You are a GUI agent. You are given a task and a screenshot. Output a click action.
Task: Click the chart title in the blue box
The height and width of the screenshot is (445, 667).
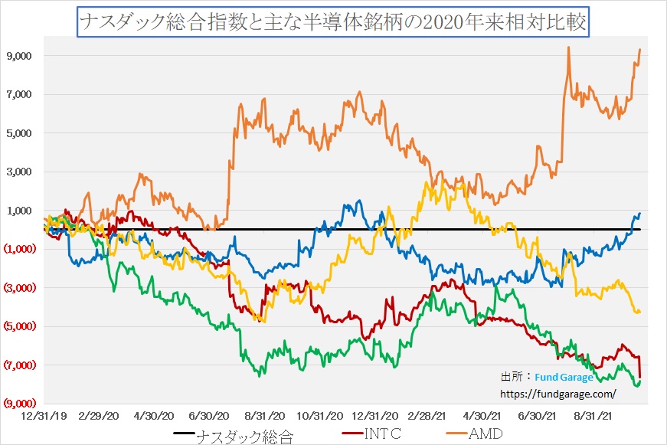coord(334,21)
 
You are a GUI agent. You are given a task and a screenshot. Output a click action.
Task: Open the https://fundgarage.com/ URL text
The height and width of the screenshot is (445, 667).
coord(557,394)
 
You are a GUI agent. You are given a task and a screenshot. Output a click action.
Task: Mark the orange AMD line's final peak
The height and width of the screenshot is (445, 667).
coord(639,50)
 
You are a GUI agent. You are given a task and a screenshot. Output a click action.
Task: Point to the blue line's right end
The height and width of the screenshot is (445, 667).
coord(639,214)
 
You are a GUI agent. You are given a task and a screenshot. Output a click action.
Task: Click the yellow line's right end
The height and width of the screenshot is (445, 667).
coord(639,311)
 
